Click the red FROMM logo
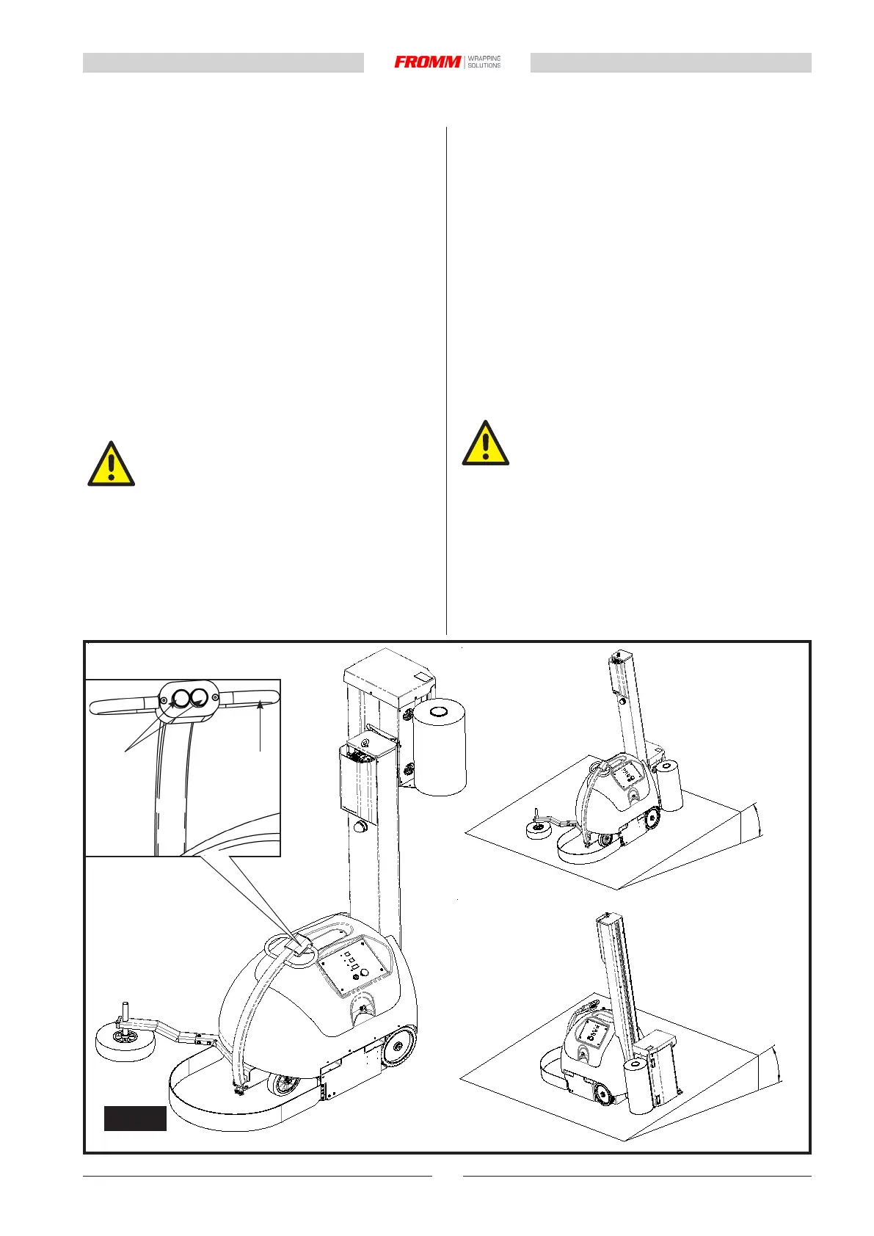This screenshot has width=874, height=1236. [x=428, y=62]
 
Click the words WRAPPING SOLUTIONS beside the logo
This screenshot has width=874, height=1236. [x=484, y=62]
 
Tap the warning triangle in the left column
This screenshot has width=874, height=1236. [x=111, y=465]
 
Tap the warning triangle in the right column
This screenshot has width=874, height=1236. [x=485, y=444]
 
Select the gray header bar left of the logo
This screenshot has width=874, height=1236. [x=223, y=63]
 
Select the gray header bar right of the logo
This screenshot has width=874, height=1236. [x=671, y=63]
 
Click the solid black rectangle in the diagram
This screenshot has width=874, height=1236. [x=135, y=1118]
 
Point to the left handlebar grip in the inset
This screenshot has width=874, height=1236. [x=121, y=707]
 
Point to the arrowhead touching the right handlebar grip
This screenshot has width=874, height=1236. [x=259, y=707]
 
